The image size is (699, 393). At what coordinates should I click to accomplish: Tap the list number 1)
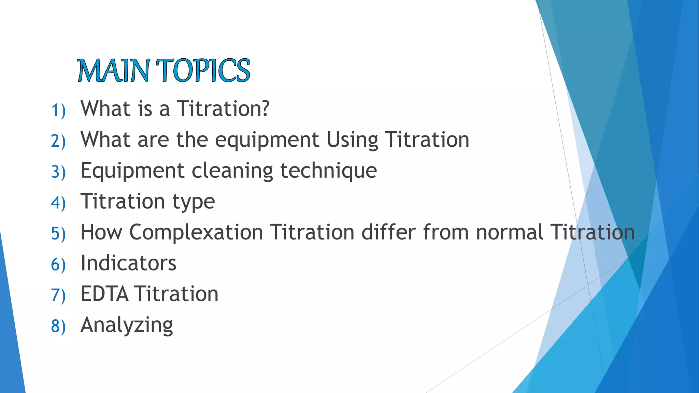58,111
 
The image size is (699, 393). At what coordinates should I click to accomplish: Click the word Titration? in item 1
223,108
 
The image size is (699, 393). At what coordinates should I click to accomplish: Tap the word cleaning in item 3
232,171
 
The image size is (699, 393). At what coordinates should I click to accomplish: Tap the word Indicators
128,263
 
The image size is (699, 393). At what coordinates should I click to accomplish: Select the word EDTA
104,294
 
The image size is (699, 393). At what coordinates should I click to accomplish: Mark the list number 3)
58,172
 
